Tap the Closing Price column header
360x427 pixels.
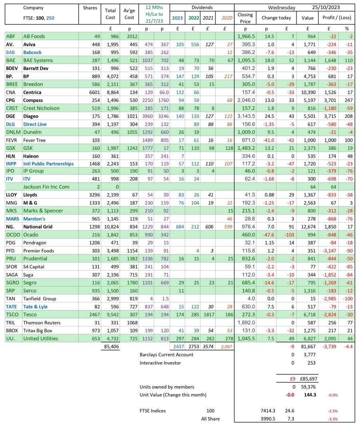coord(245,18)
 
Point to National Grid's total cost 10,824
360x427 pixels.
coord(110,227)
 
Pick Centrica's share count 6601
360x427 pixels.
coord(90,92)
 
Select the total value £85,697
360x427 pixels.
coord(307,379)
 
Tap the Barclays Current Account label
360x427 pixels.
coord(166,355)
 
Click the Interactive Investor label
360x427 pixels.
coord(160,363)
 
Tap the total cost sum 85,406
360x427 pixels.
coord(110,347)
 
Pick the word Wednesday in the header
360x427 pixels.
coord(282,7)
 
